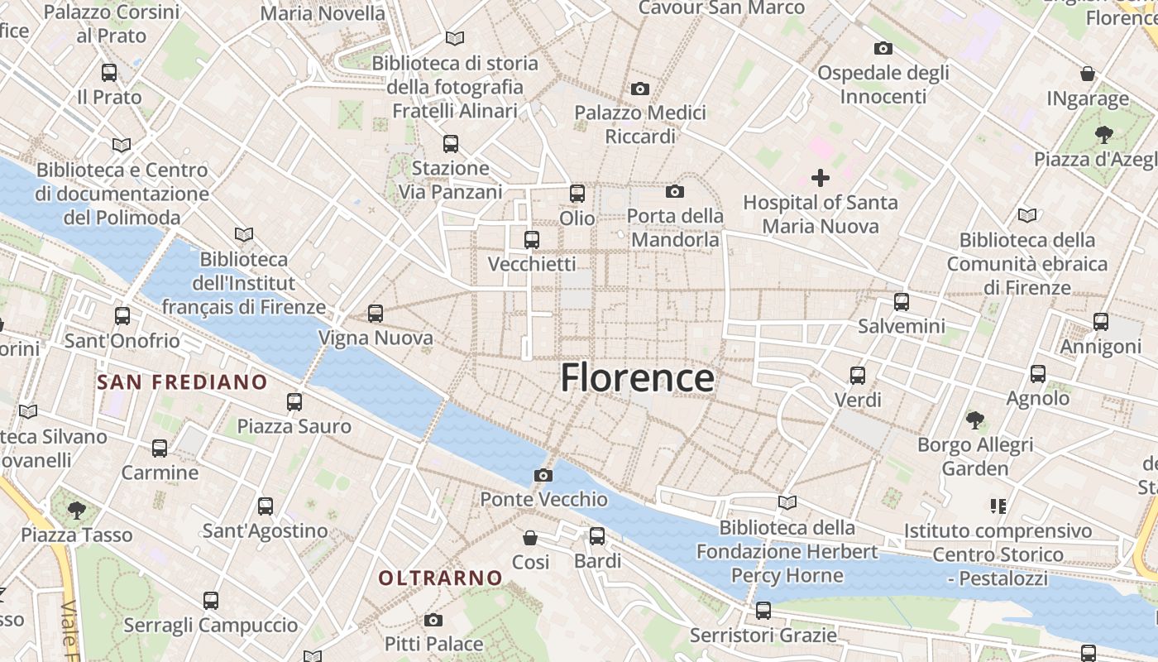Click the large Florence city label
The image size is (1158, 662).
637,378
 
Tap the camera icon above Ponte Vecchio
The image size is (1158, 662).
543,475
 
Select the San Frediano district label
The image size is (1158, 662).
182,381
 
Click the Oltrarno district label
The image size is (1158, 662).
440,578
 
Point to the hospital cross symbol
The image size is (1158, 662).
821,178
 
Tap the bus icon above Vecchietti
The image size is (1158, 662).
532,240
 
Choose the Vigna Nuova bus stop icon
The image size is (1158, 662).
376,314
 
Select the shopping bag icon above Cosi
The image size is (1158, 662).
530,538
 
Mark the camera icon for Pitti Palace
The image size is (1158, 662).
433,620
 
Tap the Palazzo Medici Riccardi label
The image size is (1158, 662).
640,124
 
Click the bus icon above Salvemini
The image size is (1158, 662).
902,302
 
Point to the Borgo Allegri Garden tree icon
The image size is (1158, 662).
975,420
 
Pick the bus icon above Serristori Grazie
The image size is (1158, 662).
763,611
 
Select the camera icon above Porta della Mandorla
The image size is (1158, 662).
675,192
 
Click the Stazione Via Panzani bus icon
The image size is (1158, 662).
451,144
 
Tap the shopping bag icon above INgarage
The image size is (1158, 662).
1088,74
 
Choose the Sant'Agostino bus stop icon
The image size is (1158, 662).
266,506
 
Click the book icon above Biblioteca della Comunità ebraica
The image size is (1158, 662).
1027,216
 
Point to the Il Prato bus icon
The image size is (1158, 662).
109,73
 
